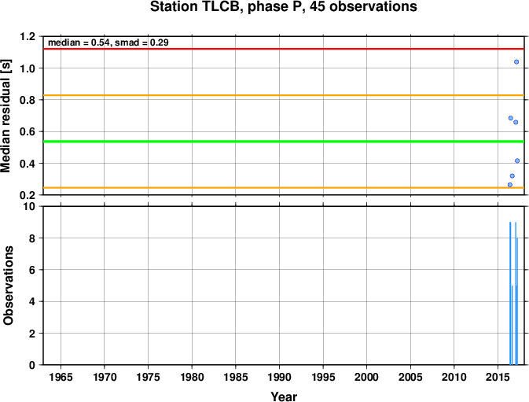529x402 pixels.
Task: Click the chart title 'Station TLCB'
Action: [197, 7]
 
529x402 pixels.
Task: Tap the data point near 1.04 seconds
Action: [516, 62]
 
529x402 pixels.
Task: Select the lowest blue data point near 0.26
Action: [510, 185]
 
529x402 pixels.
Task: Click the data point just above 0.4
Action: [517, 160]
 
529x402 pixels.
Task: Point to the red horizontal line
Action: [284, 49]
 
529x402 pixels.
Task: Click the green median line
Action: [284, 142]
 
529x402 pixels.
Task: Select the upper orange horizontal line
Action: [284, 95]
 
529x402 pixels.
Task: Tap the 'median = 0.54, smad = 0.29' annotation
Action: [108, 42]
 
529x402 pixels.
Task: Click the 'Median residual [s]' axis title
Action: [6, 116]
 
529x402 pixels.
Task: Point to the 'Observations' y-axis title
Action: [8, 286]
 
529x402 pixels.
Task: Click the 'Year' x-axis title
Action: [284, 396]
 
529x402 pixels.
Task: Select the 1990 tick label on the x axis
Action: [279, 377]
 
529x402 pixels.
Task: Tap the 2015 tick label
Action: [498, 377]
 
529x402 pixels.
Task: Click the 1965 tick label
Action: [61, 377]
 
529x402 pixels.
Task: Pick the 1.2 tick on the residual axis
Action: [28, 36]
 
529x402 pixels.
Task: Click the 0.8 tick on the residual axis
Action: [28, 100]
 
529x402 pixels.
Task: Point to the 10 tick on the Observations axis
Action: [29, 206]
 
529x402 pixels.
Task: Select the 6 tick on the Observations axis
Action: [32, 270]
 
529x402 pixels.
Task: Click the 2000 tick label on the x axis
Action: [367, 377]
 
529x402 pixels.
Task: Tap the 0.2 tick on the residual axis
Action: [28, 195]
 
